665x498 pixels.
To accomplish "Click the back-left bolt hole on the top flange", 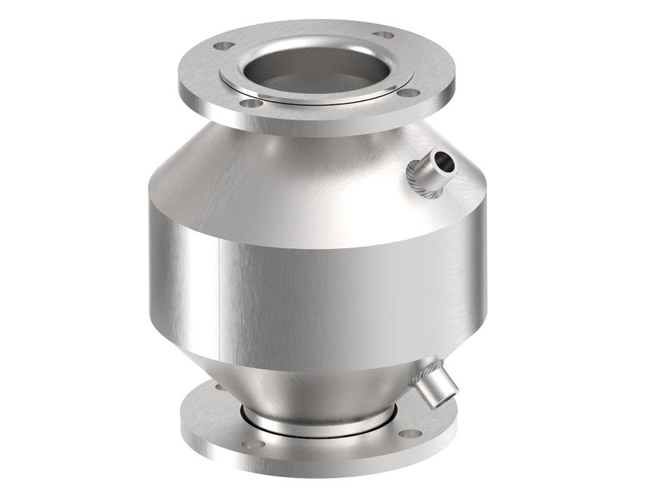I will [223, 46].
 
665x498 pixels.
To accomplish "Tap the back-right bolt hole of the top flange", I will [383, 34].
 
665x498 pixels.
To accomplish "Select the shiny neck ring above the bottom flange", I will [316, 422].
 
